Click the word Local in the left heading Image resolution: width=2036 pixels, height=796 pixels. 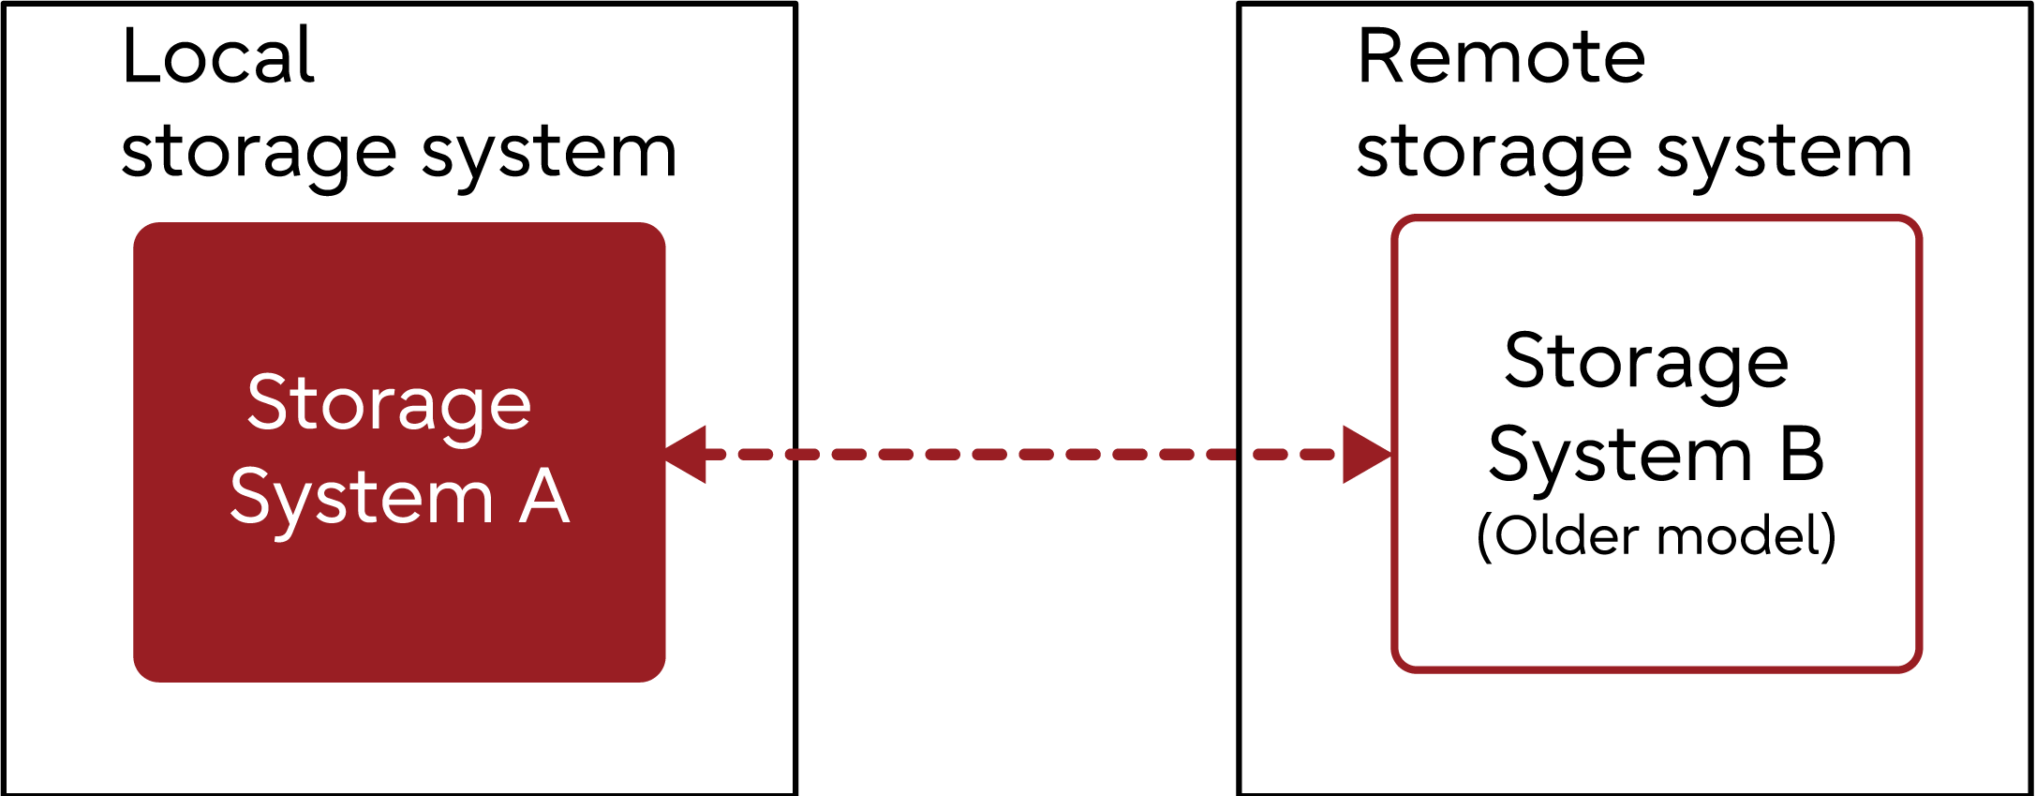point(217,56)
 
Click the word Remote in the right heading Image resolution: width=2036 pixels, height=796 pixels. point(1500,56)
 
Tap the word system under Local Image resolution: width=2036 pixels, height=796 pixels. point(549,153)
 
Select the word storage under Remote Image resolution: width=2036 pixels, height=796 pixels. point(1494,153)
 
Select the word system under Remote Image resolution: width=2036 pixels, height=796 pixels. point(1784,153)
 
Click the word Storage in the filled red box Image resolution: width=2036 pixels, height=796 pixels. point(389,403)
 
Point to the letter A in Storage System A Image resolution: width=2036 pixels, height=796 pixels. point(544,497)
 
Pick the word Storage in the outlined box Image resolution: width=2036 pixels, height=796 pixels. point(1646,362)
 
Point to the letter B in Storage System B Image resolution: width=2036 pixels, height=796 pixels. point(1801,455)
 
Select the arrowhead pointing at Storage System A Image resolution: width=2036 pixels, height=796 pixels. point(687,455)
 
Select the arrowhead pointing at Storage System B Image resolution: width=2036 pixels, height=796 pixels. point(1366,455)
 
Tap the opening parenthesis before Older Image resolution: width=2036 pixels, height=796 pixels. point(1484,537)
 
